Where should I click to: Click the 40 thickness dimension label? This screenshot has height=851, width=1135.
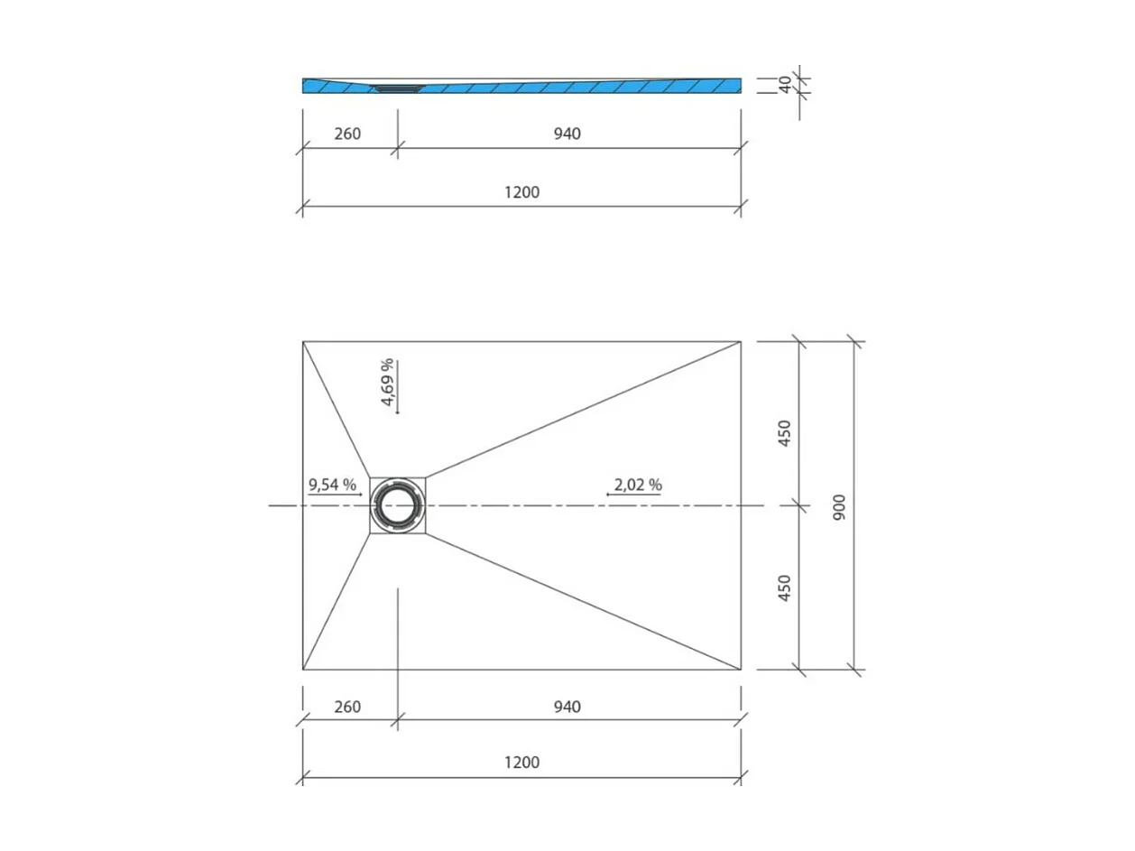(x=785, y=85)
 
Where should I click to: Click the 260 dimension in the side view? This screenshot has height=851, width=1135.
(x=347, y=134)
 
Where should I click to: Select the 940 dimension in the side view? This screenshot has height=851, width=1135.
(x=567, y=134)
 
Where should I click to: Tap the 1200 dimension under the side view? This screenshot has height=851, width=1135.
(x=521, y=191)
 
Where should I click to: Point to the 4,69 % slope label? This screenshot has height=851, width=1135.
(x=387, y=383)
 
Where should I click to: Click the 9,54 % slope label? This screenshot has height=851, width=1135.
(x=332, y=485)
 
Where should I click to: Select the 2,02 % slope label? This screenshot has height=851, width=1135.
(x=638, y=485)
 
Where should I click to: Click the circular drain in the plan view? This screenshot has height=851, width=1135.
(x=397, y=505)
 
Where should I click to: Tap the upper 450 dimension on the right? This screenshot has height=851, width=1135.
(x=784, y=433)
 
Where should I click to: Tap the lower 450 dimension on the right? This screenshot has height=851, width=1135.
(x=784, y=588)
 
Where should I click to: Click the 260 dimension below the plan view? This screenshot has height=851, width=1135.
(x=347, y=707)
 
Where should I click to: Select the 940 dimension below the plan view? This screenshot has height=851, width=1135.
(x=567, y=707)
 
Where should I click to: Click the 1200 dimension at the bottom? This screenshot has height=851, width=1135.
(x=521, y=763)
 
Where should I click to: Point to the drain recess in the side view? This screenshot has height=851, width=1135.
(x=397, y=88)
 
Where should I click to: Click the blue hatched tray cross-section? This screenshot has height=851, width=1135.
(x=577, y=87)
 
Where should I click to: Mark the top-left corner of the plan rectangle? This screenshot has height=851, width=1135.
(x=303, y=342)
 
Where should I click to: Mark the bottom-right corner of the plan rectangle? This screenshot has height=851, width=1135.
(x=741, y=670)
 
